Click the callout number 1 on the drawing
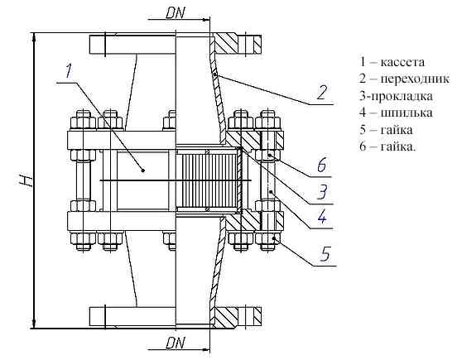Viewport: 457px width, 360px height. pyautogui.click(x=69, y=71)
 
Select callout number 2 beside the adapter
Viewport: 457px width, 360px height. pyautogui.click(x=322, y=92)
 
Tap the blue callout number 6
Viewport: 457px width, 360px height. pyautogui.click(x=322, y=165)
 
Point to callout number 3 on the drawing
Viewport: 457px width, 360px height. pyautogui.click(x=322, y=192)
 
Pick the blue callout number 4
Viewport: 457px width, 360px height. pyautogui.click(x=322, y=217)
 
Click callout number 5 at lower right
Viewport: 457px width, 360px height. pyautogui.click(x=325, y=254)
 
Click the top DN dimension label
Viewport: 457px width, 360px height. pyautogui.click(x=176, y=13)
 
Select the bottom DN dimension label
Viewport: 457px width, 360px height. pyautogui.click(x=176, y=343)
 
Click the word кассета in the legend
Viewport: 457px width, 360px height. pyautogui.click(x=403, y=62)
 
